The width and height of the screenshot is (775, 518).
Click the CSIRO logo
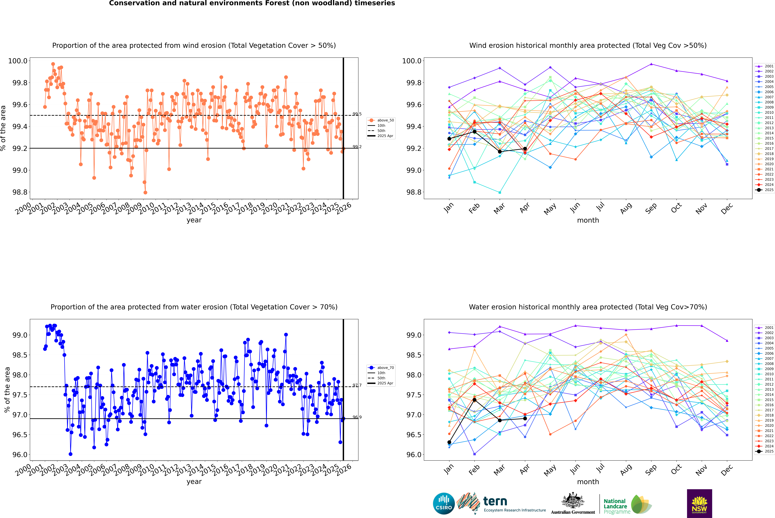point(444,503)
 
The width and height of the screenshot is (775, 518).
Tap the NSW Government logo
point(699,503)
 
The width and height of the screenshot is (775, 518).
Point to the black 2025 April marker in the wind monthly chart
point(525,149)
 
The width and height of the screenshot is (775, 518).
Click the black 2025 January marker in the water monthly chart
point(449,442)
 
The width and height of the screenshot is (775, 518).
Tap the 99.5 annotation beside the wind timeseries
point(357,114)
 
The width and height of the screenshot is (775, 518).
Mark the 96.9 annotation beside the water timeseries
point(357,417)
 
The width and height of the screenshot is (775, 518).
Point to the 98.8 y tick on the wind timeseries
point(20,192)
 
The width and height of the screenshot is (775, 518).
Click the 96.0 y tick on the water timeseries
point(20,455)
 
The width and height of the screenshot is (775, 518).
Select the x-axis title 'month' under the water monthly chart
point(588,482)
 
